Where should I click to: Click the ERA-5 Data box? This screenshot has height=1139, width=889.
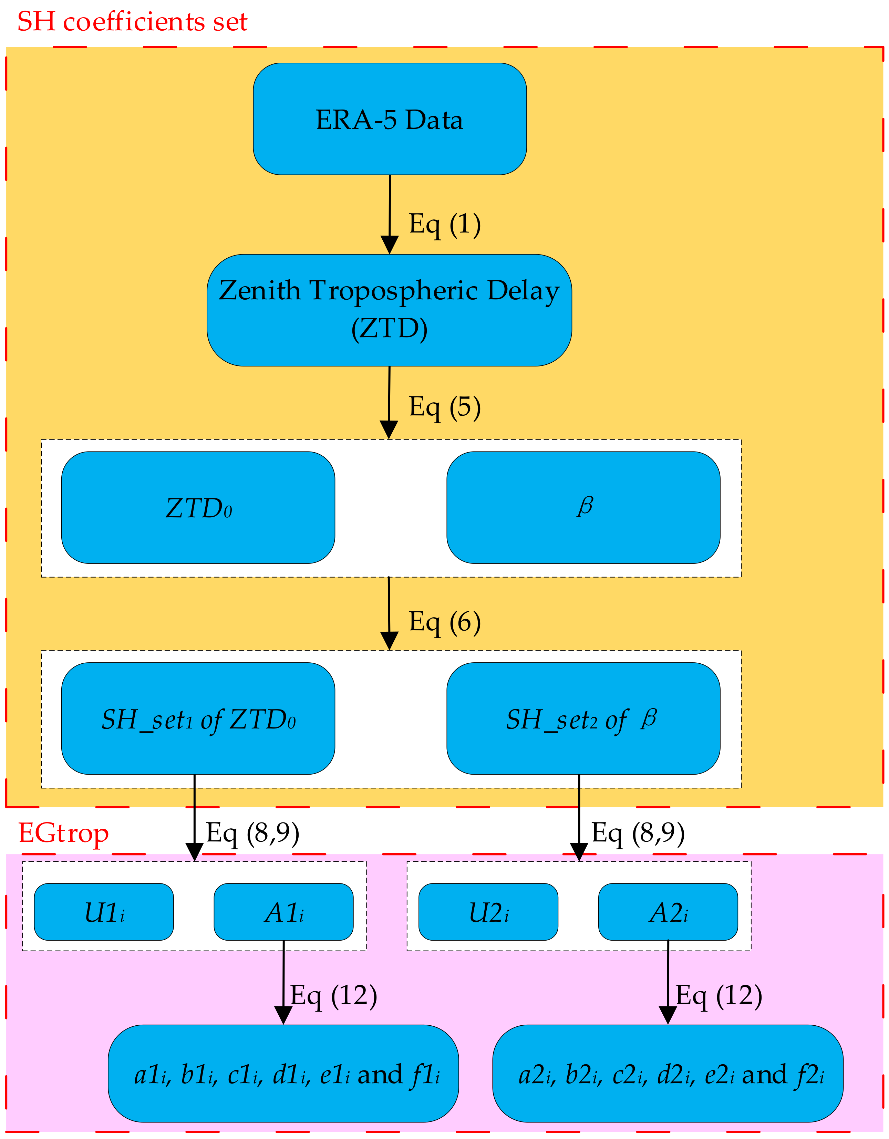[390, 119]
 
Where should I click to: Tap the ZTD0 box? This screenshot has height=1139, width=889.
[198, 507]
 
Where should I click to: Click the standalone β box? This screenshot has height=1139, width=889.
[583, 507]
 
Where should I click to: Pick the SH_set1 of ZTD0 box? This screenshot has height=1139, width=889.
[198, 719]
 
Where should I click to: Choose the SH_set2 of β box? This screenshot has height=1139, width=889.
[583, 719]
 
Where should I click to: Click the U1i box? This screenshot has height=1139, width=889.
[104, 912]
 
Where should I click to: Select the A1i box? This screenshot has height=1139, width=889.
[283, 912]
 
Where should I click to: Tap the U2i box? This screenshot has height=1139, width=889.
[488, 912]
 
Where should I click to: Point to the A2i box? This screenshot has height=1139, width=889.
[668, 912]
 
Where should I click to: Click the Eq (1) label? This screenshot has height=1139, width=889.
[445, 224]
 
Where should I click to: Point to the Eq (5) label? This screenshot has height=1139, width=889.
[445, 407]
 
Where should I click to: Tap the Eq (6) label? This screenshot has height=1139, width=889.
[445, 622]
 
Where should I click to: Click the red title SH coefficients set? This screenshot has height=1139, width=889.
[132, 22]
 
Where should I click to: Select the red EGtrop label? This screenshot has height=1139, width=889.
[64, 833]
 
